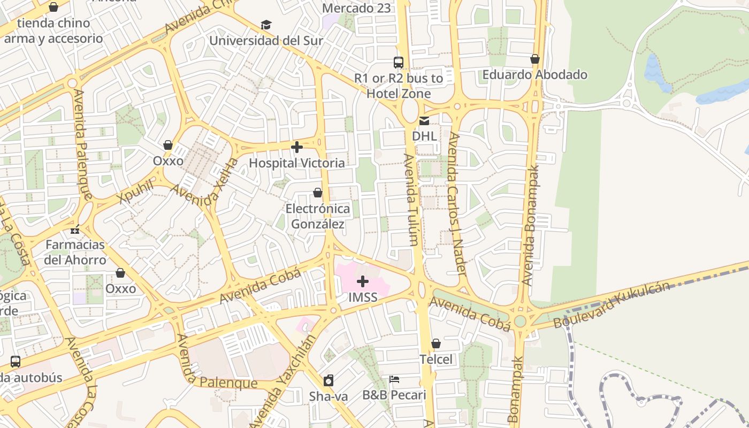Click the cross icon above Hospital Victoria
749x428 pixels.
[x=297, y=147]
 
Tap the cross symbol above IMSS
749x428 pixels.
[x=363, y=281]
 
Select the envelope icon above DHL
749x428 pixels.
[x=424, y=121]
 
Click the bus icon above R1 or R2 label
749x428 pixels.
[x=399, y=62]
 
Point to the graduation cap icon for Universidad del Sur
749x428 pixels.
[x=266, y=25]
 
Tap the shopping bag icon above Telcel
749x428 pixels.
[x=436, y=343]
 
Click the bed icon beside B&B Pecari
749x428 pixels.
[x=394, y=379]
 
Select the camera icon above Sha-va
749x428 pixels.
[x=328, y=380]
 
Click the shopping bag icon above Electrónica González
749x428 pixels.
[x=318, y=193]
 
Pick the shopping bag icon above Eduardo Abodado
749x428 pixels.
[x=535, y=59]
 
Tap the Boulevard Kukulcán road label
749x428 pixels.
[x=612, y=305]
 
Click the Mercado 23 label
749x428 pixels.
[x=357, y=8]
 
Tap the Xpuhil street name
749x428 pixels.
[x=135, y=192]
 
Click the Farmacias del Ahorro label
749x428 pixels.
[x=75, y=252]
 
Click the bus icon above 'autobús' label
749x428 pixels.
[x=16, y=361]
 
